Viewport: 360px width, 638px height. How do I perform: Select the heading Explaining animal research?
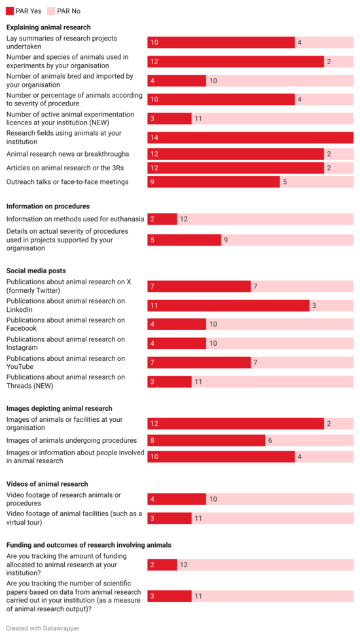coord(48,28)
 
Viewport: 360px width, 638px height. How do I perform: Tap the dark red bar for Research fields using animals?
coord(250,138)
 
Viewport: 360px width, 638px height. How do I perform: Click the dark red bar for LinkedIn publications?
coord(228,305)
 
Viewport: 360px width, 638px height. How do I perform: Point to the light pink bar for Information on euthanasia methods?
coord(265,219)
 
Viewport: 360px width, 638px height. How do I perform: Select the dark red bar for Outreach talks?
coord(213,182)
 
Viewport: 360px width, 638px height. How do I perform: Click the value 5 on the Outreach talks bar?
coord(285,182)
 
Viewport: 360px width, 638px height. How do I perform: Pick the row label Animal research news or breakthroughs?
coord(67,154)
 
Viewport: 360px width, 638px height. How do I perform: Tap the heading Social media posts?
coord(36,271)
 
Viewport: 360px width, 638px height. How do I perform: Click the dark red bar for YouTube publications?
coord(199,362)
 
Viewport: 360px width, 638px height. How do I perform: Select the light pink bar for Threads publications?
coord(272,381)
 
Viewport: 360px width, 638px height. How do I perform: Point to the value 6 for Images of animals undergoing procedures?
coord(270,441)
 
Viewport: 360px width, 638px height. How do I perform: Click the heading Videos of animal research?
coord(47,484)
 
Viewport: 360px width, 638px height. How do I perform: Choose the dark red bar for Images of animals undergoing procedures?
coord(206,441)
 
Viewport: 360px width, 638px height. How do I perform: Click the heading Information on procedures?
coord(48,206)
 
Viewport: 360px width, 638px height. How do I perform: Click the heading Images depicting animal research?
coord(59,408)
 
